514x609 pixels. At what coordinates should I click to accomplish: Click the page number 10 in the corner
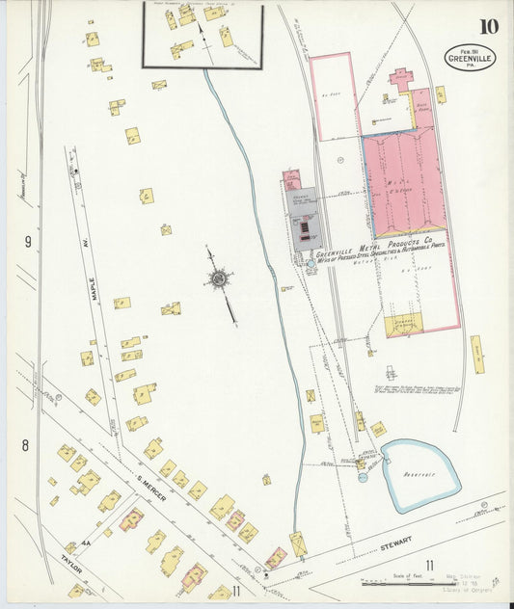(x=488, y=25)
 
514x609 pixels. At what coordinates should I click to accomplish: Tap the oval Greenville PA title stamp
(x=468, y=58)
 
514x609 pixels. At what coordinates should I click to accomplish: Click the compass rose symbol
(x=219, y=279)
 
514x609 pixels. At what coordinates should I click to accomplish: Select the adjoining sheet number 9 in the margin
(x=28, y=241)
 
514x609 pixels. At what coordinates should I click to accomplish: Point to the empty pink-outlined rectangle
(x=333, y=96)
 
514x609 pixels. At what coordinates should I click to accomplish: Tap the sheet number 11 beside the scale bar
(x=430, y=566)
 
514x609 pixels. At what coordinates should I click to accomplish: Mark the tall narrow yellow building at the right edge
(x=476, y=355)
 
